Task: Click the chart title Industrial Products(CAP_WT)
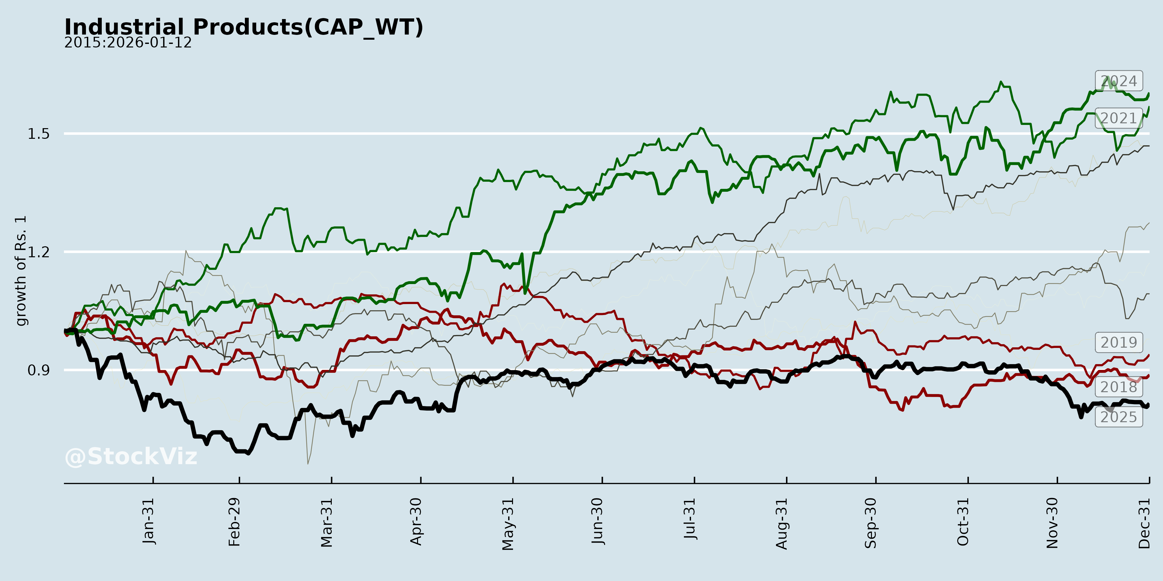click(244, 27)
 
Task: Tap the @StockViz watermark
click(131, 456)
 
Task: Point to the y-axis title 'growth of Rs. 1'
click(21, 271)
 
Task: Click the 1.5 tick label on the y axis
click(38, 134)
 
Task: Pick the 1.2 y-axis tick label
click(38, 252)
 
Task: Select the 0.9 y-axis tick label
click(38, 370)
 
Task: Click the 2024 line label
click(1118, 81)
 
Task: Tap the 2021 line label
click(1118, 118)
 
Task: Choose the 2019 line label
click(1118, 342)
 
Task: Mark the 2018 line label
click(1118, 387)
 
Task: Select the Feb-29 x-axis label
click(234, 522)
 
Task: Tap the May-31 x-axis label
click(508, 524)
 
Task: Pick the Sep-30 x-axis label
click(871, 523)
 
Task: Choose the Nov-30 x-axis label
click(1053, 523)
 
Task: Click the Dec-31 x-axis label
click(1144, 523)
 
